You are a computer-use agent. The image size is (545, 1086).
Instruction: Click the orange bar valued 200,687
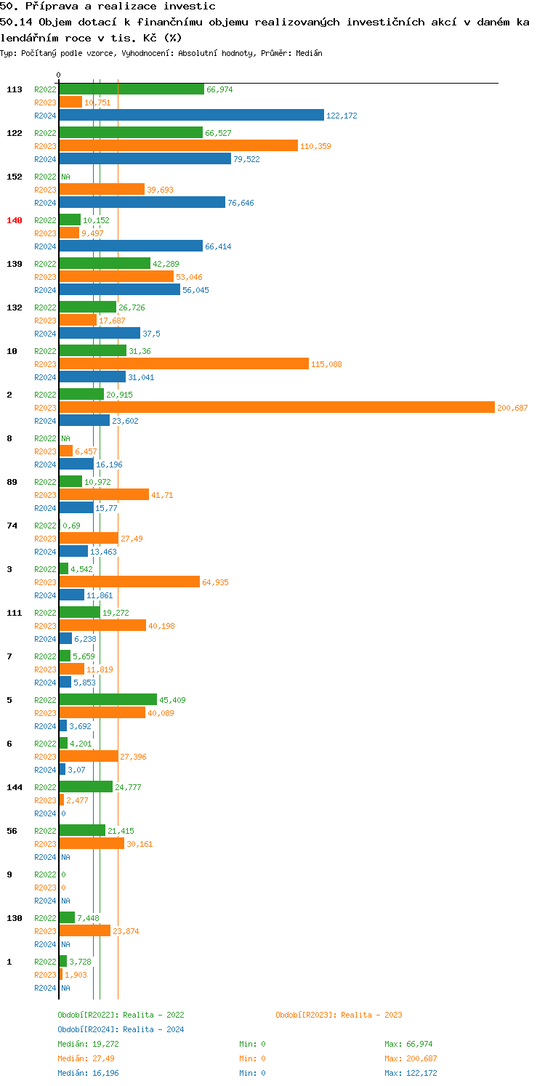tap(276, 408)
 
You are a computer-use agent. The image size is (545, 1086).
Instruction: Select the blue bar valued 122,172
tap(191, 116)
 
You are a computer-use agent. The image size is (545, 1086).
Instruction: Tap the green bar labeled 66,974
tap(132, 89)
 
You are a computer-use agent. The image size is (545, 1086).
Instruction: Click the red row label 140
tap(14, 220)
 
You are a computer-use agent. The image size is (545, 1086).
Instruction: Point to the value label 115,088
tap(326, 364)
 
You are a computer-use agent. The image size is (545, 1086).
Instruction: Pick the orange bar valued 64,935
tap(129, 582)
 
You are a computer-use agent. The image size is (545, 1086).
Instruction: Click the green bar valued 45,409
tap(108, 700)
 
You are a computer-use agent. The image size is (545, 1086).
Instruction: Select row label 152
tap(14, 177)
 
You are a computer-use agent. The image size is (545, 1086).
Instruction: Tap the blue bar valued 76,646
tap(142, 203)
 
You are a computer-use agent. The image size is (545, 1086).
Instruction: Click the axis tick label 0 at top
tap(59, 75)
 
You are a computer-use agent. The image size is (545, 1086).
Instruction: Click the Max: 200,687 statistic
tap(411, 1058)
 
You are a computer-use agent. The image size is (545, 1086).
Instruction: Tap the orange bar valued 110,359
tap(178, 146)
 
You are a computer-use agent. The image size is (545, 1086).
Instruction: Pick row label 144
tap(14, 787)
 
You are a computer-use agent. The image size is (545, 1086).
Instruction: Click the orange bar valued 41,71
tap(104, 495)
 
